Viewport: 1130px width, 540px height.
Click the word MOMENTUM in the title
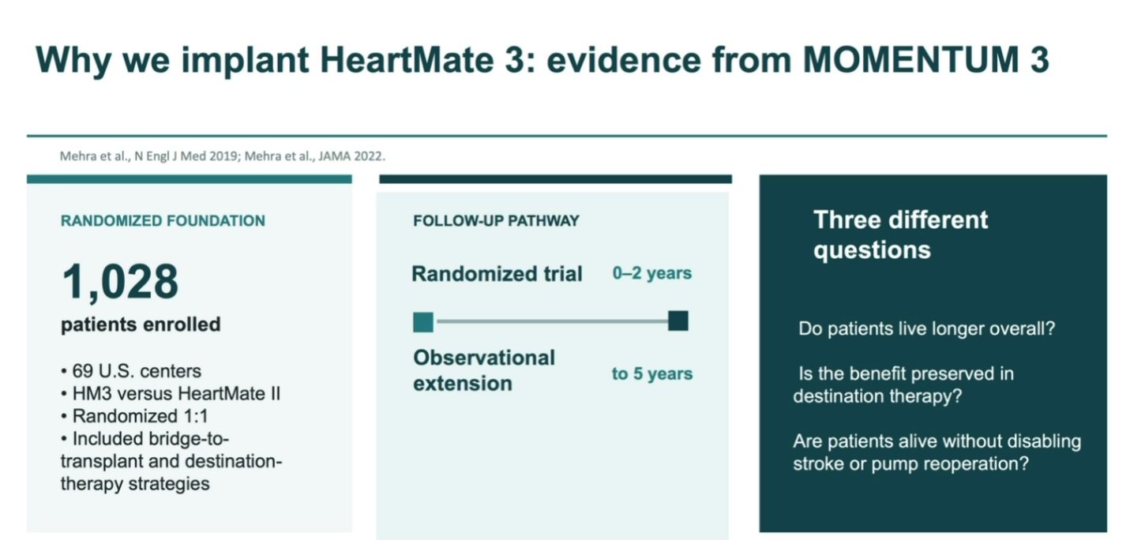(x=911, y=59)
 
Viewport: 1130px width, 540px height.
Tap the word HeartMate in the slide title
(x=407, y=59)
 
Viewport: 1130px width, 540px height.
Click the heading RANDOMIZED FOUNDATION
(x=163, y=221)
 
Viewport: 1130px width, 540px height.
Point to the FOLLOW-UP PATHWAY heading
(x=497, y=221)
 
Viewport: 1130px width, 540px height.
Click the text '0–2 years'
(x=651, y=273)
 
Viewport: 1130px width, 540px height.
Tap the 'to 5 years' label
(x=652, y=373)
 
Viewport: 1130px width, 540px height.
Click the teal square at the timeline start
(x=423, y=322)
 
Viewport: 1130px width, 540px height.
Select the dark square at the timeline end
(x=678, y=321)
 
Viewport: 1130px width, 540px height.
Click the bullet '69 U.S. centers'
(x=131, y=371)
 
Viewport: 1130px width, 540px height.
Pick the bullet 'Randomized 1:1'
(x=135, y=416)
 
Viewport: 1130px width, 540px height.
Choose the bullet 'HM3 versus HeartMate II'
(x=171, y=393)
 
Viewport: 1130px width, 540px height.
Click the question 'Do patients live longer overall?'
(x=927, y=328)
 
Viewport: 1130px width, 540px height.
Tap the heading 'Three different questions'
(x=900, y=235)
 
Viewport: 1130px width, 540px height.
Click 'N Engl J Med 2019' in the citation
(x=186, y=156)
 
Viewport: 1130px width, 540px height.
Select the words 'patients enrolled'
(x=141, y=324)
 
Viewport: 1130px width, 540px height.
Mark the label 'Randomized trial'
(x=497, y=274)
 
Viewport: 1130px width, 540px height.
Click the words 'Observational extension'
(x=484, y=370)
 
